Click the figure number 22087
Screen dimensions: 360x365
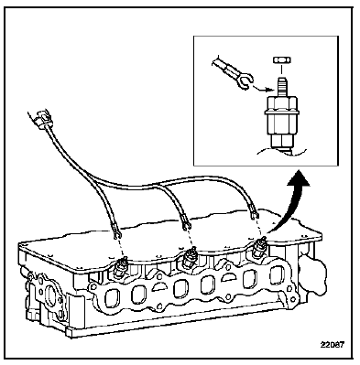point(333,345)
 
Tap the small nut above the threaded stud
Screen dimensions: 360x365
point(280,60)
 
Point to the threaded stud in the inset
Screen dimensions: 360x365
point(281,87)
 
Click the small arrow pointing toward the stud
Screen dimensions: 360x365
point(264,89)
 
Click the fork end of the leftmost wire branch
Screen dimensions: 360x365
point(117,235)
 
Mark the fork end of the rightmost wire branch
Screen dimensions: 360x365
point(254,215)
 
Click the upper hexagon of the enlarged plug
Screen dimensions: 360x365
point(281,104)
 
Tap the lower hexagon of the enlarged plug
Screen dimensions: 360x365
point(281,140)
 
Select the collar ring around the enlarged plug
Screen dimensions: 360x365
point(281,113)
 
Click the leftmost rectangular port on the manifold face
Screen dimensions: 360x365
point(112,299)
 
